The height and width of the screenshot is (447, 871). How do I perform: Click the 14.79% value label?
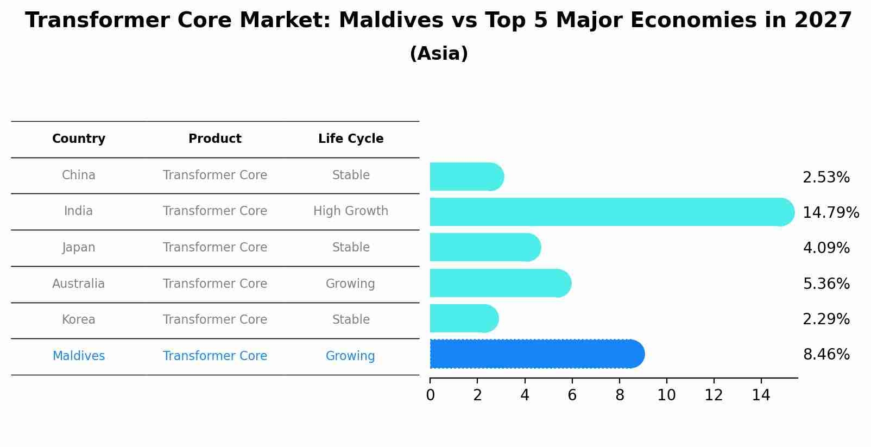[x=830, y=212]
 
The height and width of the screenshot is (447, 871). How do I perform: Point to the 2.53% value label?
[x=825, y=178]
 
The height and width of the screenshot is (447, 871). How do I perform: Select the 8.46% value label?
[x=825, y=355]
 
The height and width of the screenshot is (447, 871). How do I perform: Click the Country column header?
[x=79, y=139]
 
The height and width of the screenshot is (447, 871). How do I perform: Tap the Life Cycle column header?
[x=351, y=139]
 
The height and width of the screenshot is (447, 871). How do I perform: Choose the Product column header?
[x=215, y=139]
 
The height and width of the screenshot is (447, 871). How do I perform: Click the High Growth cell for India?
[x=351, y=211]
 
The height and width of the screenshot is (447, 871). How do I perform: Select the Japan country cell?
[x=79, y=248]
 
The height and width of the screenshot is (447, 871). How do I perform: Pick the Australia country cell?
[x=79, y=284]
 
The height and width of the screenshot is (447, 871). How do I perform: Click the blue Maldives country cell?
[x=79, y=356]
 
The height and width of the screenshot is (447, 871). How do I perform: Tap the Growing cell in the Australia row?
[x=350, y=284]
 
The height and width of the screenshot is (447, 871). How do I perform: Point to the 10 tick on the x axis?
[x=666, y=395]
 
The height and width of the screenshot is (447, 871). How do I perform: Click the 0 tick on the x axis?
[x=430, y=395]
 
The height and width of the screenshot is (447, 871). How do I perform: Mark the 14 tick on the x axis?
[x=761, y=395]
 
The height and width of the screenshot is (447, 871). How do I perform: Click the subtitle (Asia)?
[x=439, y=54]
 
